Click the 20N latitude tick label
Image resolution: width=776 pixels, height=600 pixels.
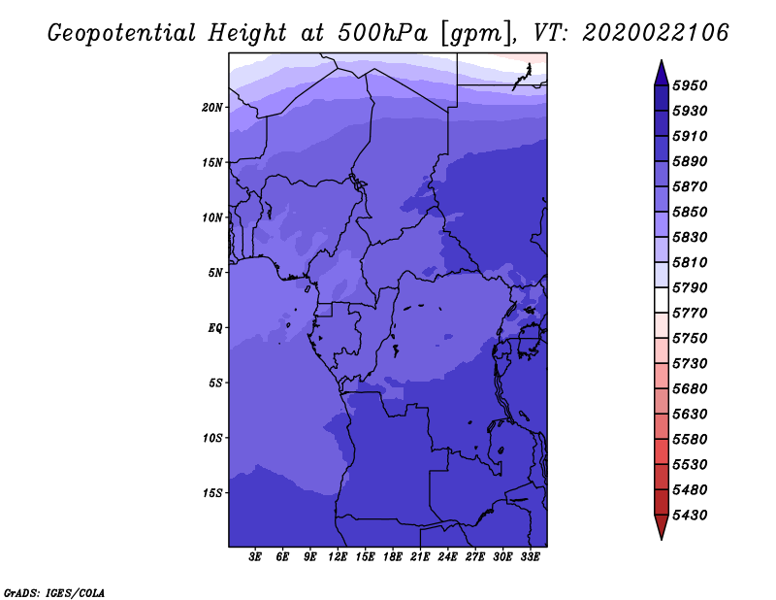coord(212,107)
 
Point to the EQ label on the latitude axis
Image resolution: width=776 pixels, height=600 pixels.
coord(215,327)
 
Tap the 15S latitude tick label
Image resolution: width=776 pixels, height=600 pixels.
coord(212,493)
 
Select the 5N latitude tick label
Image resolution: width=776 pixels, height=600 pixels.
coord(215,273)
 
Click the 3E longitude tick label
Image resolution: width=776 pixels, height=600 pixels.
coord(255,557)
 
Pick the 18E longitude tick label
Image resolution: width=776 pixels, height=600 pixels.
coord(393,557)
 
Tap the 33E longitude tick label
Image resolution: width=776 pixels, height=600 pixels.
coord(530,557)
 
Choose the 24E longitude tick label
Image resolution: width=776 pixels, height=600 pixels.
coord(447,557)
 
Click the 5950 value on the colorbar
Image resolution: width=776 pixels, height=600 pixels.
coord(690,85)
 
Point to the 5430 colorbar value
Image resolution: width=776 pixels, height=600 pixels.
coord(690,516)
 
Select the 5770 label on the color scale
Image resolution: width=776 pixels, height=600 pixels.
coord(690,314)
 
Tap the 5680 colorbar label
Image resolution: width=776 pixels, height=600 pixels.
coord(690,389)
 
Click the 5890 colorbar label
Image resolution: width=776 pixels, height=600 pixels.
coord(690,161)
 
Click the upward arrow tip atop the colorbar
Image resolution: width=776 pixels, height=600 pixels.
coord(662,60)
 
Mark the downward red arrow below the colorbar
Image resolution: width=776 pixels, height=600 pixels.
coord(662,527)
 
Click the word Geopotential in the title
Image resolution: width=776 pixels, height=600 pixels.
coord(122,33)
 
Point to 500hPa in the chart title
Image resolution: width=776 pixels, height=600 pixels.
coord(382,33)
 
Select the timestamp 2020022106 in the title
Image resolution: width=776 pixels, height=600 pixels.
coord(656,33)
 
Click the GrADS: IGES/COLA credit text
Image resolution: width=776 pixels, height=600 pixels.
coord(54,593)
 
